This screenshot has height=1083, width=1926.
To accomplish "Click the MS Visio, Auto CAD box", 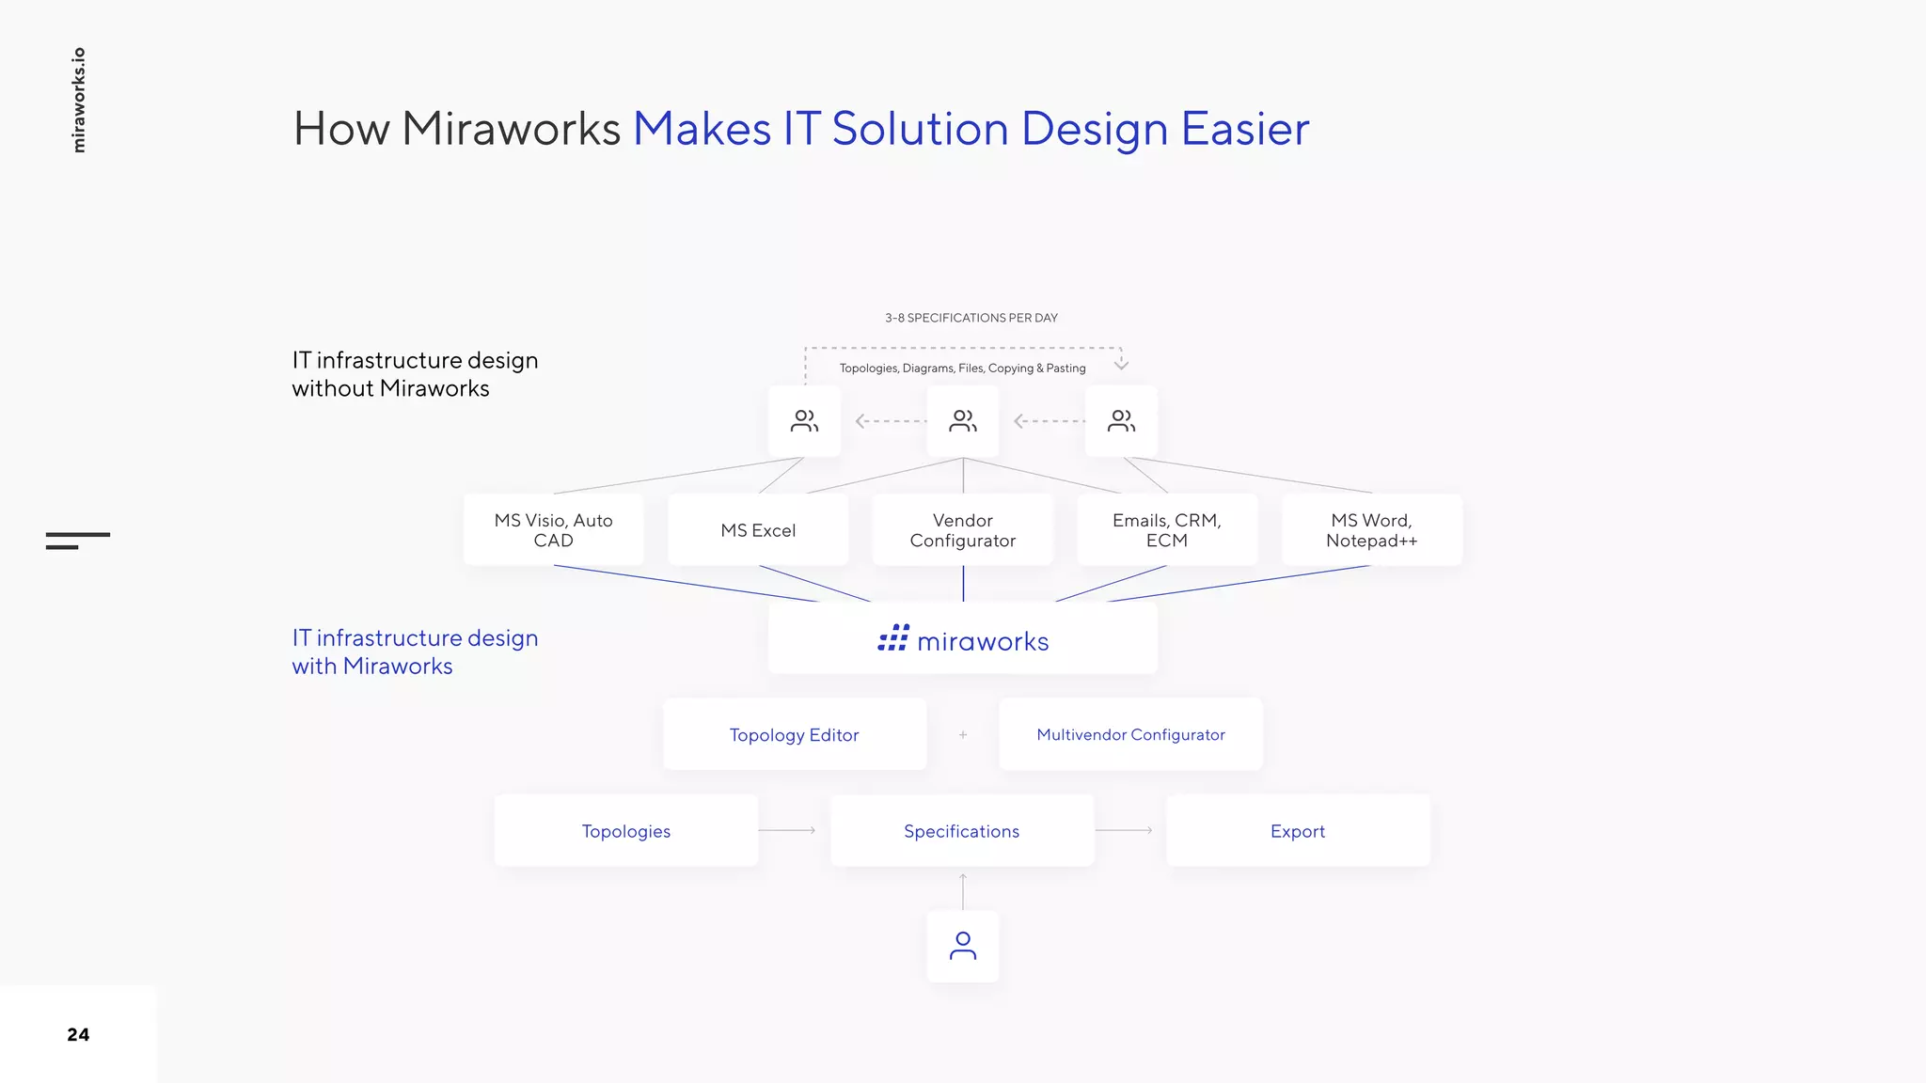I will pos(553,530).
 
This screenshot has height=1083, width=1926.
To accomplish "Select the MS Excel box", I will pos(758,530).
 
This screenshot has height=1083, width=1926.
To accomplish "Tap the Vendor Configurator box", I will pos(962,530).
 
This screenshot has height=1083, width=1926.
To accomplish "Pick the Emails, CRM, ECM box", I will pos(1166,530).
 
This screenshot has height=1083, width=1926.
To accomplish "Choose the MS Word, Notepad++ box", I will pos(1371,530).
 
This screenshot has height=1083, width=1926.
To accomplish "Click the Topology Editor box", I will pos(795,734).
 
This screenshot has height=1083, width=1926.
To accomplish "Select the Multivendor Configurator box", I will pos(1130,734).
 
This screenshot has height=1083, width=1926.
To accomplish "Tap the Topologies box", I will pos(626,831).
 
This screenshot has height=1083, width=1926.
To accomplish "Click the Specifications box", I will pos(962,831).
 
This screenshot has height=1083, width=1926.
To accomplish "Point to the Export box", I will pos(1298,831).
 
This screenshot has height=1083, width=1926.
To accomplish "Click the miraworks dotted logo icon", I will pos(893,638).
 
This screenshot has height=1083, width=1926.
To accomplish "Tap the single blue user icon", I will pos(963,946).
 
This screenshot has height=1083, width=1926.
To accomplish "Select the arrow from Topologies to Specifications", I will pos(787,830).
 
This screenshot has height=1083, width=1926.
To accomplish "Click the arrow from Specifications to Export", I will pos(1124,830).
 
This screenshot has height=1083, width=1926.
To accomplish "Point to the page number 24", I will pos(78,1034).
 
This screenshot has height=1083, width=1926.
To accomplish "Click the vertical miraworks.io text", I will pos(79,100).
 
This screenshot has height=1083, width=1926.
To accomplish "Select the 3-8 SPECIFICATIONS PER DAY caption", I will pos(971,318).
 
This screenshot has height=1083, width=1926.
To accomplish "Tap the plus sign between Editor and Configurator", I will pos(963,734).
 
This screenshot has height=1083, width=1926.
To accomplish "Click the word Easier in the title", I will pos(1245,129).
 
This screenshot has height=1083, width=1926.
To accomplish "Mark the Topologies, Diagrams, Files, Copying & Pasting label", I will pos(962,369).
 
